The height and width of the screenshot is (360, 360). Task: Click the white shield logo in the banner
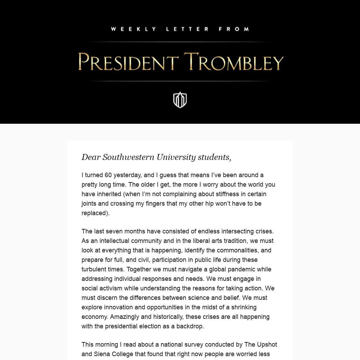click(180, 100)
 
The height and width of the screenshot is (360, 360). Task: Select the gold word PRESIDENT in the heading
click(127, 62)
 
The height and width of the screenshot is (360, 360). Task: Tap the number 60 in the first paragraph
click(108, 175)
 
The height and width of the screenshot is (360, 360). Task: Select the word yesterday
click(127, 175)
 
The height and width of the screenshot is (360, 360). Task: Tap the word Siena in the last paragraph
click(102, 354)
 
